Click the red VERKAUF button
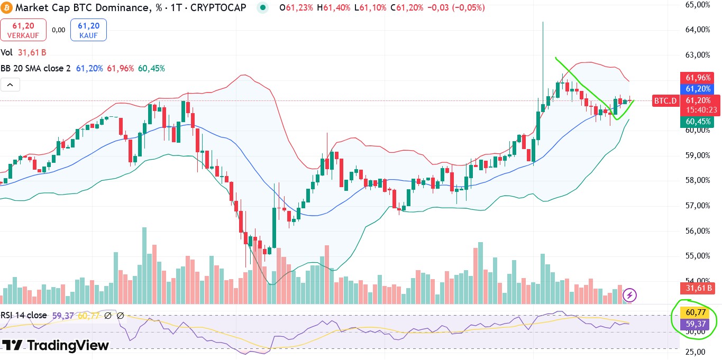23,30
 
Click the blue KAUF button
89,30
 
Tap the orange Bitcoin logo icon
7,7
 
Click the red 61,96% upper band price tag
698,78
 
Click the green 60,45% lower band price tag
698,122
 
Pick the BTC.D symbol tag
665,100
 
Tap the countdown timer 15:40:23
701,110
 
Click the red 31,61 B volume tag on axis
698,288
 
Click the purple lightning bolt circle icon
629,295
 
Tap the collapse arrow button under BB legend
11,84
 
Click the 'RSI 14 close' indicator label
23,316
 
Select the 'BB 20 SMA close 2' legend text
35,68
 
